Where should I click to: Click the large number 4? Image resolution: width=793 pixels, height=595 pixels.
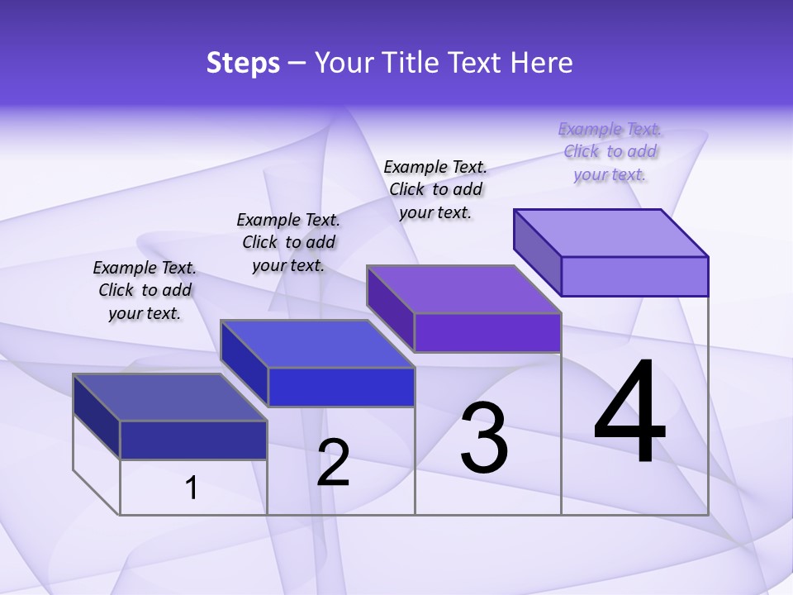(x=630, y=412)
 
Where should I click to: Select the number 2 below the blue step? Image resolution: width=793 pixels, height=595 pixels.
(x=333, y=463)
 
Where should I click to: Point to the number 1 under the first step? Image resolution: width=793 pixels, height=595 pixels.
(x=191, y=488)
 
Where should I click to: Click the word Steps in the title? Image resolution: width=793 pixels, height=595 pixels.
(x=243, y=63)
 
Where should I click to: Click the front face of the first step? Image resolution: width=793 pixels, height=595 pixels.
(x=193, y=440)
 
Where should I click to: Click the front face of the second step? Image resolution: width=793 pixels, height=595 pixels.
(x=341, y=387)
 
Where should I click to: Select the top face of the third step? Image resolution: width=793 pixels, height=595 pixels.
(x=463, y=288)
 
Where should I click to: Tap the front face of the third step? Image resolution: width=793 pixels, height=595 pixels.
(x=487, y=332)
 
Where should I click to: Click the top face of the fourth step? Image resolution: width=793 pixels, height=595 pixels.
(x=610, y=232)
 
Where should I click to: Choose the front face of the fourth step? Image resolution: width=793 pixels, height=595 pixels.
(x=634, y=276)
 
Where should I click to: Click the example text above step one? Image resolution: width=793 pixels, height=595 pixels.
(x=145, y=290)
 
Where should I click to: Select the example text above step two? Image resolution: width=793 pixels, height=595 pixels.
(x=288, y=242)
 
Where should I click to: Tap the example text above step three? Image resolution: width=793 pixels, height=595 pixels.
(x=435, y=189)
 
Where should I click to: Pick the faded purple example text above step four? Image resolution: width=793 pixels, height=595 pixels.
(x=610, y=151)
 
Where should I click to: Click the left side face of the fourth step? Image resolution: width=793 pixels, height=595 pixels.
(x=537, y=252)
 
